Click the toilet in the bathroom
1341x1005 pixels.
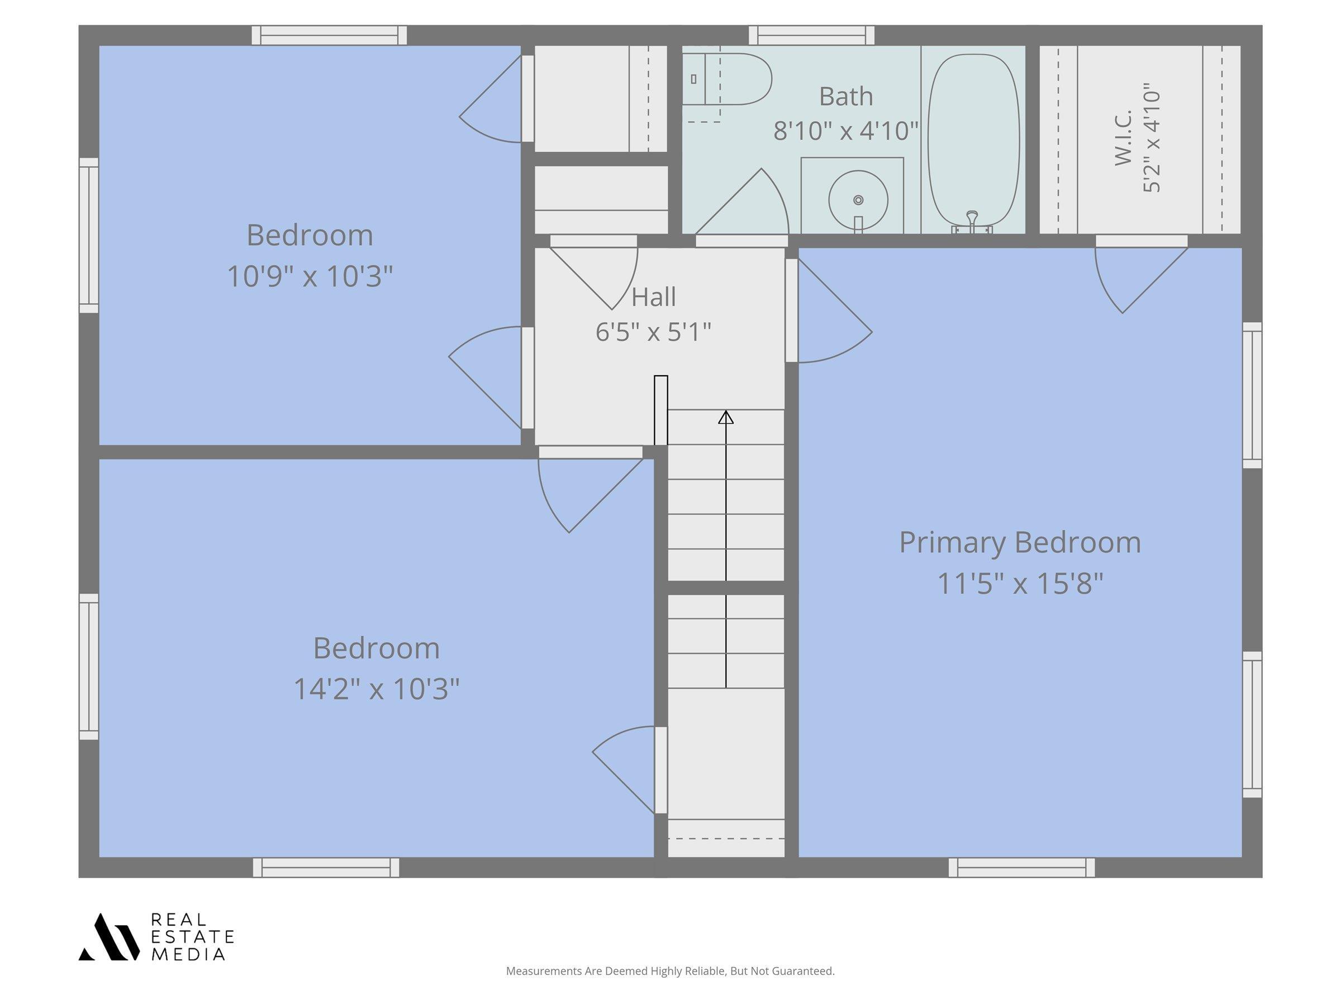click(727, 79)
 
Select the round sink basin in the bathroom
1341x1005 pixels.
click(858, 200)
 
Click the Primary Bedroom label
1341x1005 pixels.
click(1020, 542)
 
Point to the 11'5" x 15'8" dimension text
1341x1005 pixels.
click(1020, 584)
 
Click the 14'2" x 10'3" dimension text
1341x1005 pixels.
click(377, 689)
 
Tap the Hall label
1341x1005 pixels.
click(654, 297)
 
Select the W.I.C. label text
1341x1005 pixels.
click(1123, 137)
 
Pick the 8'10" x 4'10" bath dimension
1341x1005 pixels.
click(846, 131)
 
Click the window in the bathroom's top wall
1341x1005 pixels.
click(812, 35)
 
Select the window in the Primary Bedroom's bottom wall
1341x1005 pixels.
click(1021, 868)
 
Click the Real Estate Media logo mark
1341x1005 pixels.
click(109, 936)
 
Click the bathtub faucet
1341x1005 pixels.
click(972, 221)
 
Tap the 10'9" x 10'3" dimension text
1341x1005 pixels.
click(310, 276)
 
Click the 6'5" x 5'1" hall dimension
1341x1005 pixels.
click(653, 332)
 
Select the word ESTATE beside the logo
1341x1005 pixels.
click(192, 936)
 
